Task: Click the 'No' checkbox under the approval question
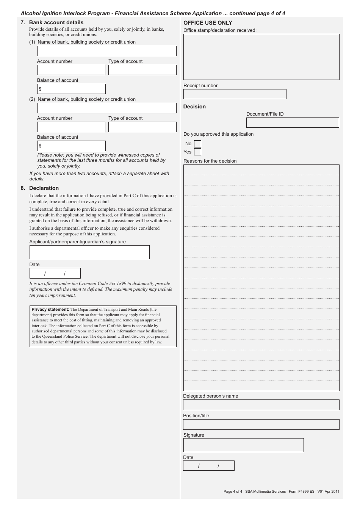197,144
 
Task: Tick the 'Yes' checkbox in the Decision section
197,152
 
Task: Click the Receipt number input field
235,94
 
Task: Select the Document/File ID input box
293,122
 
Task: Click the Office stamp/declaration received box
261,57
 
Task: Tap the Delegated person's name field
261,405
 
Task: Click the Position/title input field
261,424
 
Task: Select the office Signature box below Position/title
243,445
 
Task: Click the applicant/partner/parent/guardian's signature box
89,252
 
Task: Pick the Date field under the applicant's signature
55,273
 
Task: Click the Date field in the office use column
208,465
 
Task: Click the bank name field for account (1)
106,51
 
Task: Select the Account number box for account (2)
71,127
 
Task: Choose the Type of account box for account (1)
142,70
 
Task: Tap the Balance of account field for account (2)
71,146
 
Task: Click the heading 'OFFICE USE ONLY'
208,23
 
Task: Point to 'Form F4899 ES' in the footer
301,492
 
